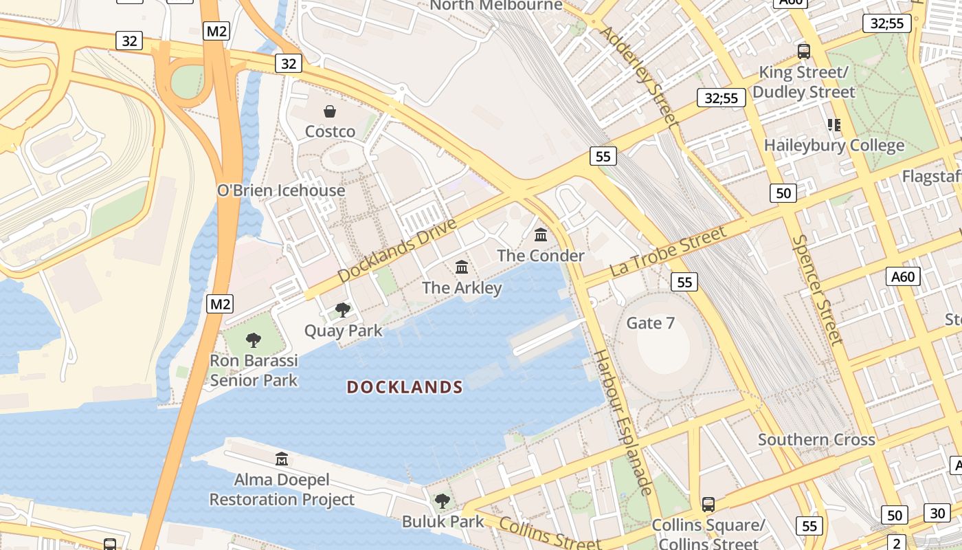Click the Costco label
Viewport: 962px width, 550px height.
(x=330, y=131)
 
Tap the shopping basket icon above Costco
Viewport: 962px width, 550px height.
(x=330, y=111)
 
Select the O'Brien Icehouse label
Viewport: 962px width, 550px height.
(x=281, y=190)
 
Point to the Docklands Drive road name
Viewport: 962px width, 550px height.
(x=397, y=251)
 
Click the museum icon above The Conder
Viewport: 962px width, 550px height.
(x=541, y=235)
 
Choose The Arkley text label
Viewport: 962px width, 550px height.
(x=462, y=287)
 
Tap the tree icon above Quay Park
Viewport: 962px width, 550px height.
(x=342, y=310)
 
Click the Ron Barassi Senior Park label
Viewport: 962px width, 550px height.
(x=254, y=371)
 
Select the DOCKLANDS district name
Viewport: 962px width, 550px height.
(x=405, y=387)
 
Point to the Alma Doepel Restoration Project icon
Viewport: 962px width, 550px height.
(x=282, y=459)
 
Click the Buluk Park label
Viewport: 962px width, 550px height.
(x=443, y=522)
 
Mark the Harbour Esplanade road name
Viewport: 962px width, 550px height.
(x=622, y=422)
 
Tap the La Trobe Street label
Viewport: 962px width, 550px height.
(x=668, y=252)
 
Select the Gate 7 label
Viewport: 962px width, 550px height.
(x=650, y=323)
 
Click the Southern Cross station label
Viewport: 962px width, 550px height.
(x=816, y=439)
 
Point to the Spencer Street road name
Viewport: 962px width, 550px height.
(x=816, y=289)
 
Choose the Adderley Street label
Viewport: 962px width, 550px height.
(x=640, y=76)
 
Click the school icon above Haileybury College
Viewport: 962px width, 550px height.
(x=834, y=125)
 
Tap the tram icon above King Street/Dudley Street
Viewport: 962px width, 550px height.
(x=803, y=51)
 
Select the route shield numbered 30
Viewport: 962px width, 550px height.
(x=938, y=512)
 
